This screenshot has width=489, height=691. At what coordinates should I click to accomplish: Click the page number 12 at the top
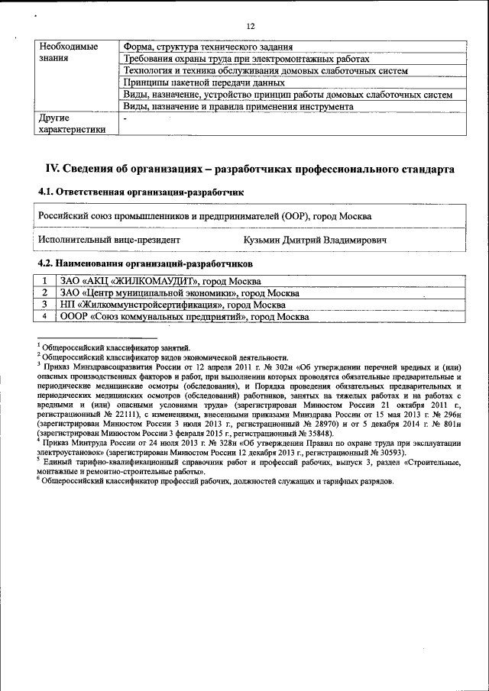(249, 27)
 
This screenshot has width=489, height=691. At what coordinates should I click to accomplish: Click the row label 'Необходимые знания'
(68, 53)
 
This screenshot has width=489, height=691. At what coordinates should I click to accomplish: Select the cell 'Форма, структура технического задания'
(208, 47)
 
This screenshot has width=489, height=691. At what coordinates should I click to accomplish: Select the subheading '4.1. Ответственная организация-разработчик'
(141, 192)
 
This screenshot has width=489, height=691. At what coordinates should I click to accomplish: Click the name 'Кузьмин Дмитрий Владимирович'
(315, 240)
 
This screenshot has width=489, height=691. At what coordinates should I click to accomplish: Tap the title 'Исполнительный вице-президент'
(109, 240)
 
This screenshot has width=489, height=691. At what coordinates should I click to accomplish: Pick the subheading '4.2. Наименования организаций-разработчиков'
(145, 263)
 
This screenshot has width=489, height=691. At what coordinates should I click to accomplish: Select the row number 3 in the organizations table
(45, 304)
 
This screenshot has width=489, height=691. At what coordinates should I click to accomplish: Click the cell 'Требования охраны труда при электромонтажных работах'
(246, 59)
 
